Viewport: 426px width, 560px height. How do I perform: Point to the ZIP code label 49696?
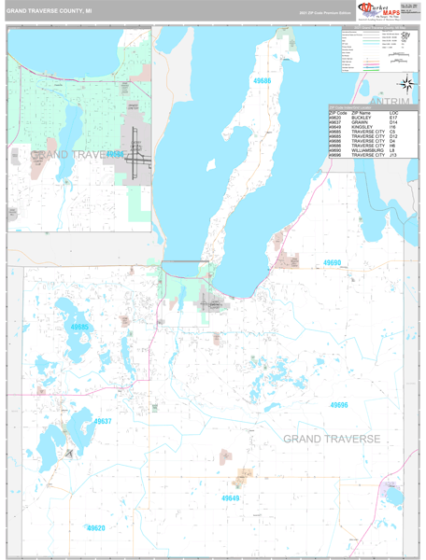(x=338, y=405)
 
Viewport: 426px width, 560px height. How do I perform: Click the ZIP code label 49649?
(x=231, y=499)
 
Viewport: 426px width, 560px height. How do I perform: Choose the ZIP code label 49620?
(x=96, y=528)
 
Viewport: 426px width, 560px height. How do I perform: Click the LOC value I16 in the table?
(x=392, y=128)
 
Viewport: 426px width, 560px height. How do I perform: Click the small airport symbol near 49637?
(x=69, y=453)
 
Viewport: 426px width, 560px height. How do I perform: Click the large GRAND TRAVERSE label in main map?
(x=332, y=439)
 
